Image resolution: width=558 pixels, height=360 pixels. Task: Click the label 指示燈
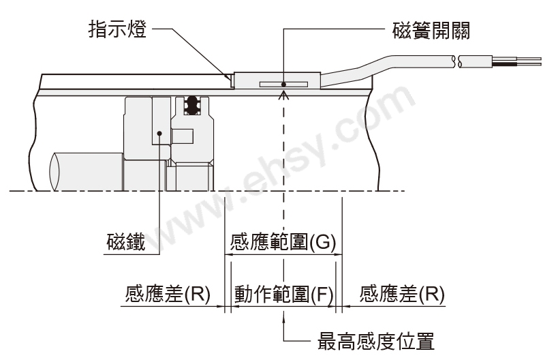tap(117, 29)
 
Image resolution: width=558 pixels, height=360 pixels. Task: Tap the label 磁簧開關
tap(431, 31)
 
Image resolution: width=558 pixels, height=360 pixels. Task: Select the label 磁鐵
tap(126, 242)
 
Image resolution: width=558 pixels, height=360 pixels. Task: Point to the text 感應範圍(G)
tap(283, 243)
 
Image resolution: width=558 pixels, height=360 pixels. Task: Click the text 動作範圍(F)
tap(283, 295)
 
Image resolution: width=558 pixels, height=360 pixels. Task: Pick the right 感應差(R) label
tap(402, 295)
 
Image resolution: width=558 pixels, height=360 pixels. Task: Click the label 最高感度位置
tap(376, 342)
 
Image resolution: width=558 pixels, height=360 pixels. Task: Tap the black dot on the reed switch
tap(283, 85)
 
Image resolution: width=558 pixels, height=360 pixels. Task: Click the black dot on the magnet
tap(159, 134)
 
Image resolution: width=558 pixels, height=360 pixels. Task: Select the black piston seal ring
tap(192, 105)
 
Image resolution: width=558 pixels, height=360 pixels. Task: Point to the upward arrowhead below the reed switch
tap(283, 95)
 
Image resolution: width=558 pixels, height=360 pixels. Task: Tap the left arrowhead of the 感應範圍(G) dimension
tap(230, 254)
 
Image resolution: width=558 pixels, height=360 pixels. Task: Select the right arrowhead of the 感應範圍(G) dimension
tap(337, 254)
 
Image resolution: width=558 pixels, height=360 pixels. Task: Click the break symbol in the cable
tap(457, 61)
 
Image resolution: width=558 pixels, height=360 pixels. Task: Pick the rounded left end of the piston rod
tap(54, 172)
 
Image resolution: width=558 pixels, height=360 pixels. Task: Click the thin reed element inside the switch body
tap(283, 85)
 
